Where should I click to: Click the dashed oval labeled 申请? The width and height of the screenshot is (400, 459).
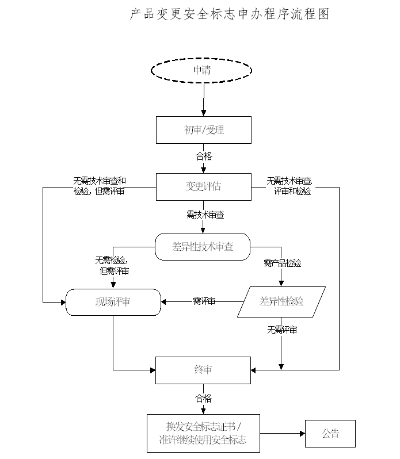tap(201, 70)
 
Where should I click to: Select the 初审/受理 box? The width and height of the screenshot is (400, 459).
tap(204, 130)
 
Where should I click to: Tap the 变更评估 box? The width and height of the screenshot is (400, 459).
tap(204, 186)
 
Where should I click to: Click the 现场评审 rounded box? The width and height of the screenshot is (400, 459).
tap(113, 301)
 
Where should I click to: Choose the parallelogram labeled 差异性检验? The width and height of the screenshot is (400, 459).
tap(281, 301)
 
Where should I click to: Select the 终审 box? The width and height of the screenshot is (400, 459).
tap(204, 369)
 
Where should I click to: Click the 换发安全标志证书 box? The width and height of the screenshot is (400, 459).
tap(203, 433)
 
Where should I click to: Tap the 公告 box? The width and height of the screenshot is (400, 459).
tap(330, 433)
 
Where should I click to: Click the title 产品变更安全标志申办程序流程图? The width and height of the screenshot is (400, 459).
tap(230, 14)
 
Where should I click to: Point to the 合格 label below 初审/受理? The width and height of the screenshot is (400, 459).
tap(204, 156)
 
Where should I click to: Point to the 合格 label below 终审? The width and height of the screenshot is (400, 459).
tap(204, 398)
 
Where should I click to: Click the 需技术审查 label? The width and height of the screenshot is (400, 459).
tap(205, 215)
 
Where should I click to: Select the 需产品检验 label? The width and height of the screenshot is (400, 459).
tap(282, 263)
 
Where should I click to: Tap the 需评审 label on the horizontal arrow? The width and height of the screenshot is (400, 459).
tap(204, 301)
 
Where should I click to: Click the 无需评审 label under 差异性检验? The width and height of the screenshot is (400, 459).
tap(282, 330)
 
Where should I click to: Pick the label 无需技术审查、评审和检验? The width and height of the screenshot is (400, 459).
tap(289, 186)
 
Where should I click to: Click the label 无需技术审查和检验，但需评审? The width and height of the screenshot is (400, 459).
tap(99, 185)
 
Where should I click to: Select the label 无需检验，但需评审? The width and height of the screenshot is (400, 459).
tap(112, 265)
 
